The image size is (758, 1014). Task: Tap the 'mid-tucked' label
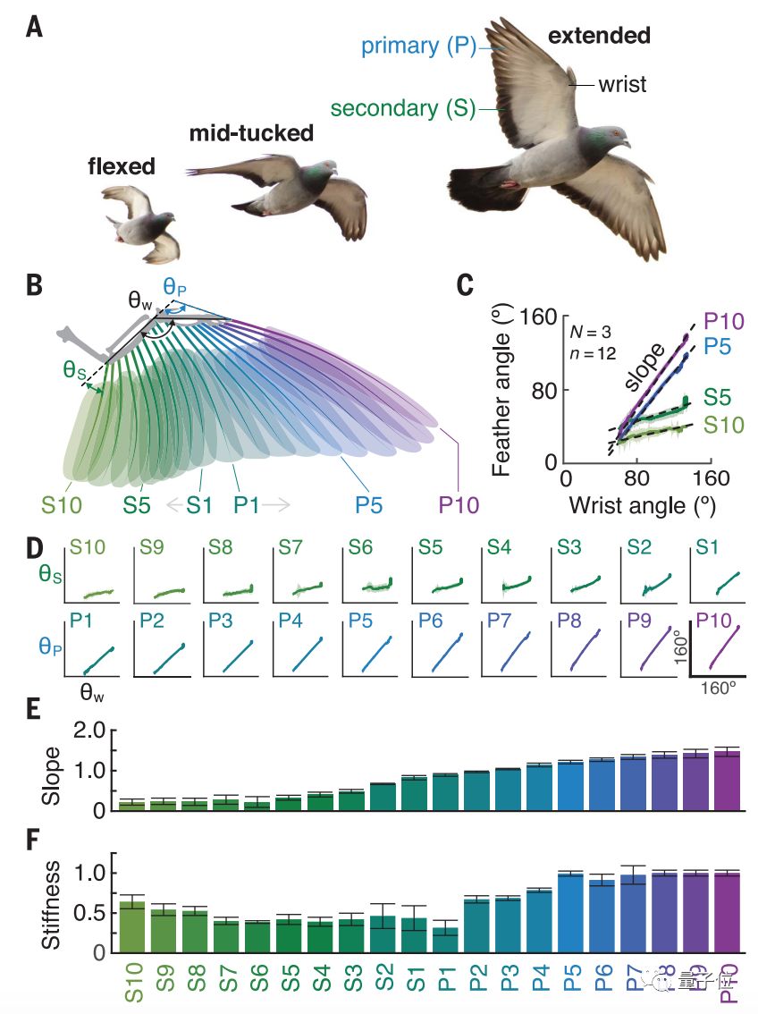point(251,134)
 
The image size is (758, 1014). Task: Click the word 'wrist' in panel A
point(622,85)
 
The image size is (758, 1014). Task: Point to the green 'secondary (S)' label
point(403,108)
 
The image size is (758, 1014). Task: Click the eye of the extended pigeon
point(615,134)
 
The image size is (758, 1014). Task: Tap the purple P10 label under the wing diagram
point(459,505)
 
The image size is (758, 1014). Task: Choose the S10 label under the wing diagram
point(62,505)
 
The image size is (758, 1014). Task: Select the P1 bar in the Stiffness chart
point(446,939)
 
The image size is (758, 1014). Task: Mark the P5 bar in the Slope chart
point(570,786)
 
